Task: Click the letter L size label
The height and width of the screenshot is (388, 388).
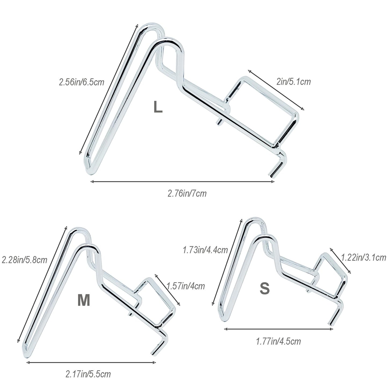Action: coord(158,107)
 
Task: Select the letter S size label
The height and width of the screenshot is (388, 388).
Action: coord(264,289)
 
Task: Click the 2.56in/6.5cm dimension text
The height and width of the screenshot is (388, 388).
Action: coord(82,82)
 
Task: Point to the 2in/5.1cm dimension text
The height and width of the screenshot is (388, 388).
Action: coord(293,82)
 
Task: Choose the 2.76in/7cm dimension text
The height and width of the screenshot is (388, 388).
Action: coord(187,194)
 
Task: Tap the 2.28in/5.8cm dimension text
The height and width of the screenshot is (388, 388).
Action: coord(24,260)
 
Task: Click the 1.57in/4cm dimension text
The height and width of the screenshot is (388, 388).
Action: coord(186,286)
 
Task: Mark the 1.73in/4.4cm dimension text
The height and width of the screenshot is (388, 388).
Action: coord(205,250)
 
